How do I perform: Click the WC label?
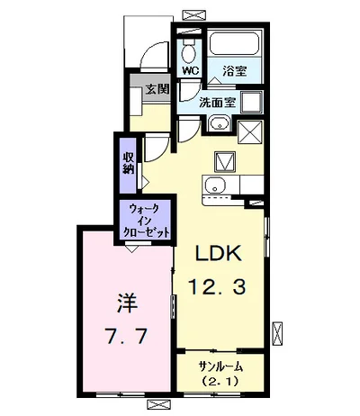click(190, 69)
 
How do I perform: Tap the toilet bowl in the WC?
click(189, 47)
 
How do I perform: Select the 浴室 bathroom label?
click(235, 68)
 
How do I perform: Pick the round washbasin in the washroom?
click(219, 123)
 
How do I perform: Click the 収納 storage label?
click(129, 162)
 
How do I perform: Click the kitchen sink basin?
click(213, 186)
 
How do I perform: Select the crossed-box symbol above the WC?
click(193, 14)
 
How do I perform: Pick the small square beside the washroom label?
click(253, 101)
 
